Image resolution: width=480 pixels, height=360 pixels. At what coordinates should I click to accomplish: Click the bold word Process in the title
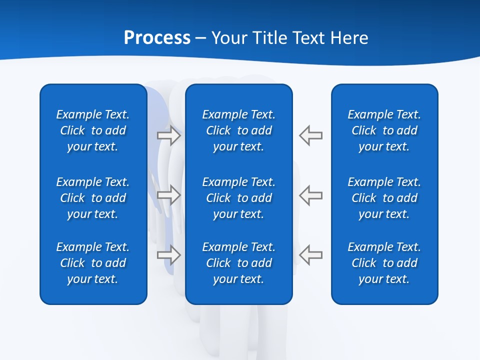157,38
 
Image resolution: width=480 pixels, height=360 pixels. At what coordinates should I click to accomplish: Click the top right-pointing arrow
169,135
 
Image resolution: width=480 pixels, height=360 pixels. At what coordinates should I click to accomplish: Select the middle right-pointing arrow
169,195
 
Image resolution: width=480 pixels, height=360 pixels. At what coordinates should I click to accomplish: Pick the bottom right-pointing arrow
169,255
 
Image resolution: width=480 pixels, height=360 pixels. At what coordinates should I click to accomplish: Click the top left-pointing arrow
310,135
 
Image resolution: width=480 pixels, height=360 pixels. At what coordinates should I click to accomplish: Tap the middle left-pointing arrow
310,195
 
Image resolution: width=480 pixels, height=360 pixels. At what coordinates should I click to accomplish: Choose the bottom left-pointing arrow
310,255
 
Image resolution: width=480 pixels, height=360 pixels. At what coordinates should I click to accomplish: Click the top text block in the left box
93,130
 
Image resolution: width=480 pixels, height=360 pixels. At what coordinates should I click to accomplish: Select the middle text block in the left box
93,198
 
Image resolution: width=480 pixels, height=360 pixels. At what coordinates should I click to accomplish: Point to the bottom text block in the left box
93,263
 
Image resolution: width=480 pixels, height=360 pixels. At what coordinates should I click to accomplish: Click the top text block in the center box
238,130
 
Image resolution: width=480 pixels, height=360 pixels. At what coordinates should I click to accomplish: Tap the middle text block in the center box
238,198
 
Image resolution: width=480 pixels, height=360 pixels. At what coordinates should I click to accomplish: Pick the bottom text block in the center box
238,263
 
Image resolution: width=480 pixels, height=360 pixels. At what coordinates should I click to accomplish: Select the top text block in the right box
384,130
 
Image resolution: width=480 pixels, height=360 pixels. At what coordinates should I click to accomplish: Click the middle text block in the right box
384,198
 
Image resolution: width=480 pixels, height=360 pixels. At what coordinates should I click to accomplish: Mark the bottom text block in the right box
384,263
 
